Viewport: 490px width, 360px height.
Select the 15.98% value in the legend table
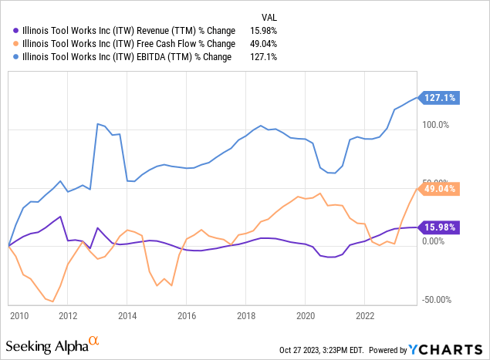263,31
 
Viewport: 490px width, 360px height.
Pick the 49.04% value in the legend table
263,43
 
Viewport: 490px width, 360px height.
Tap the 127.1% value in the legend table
265,56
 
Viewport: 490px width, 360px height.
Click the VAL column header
268,16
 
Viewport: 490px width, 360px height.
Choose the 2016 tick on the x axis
186,315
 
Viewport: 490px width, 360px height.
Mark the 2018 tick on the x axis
245,315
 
